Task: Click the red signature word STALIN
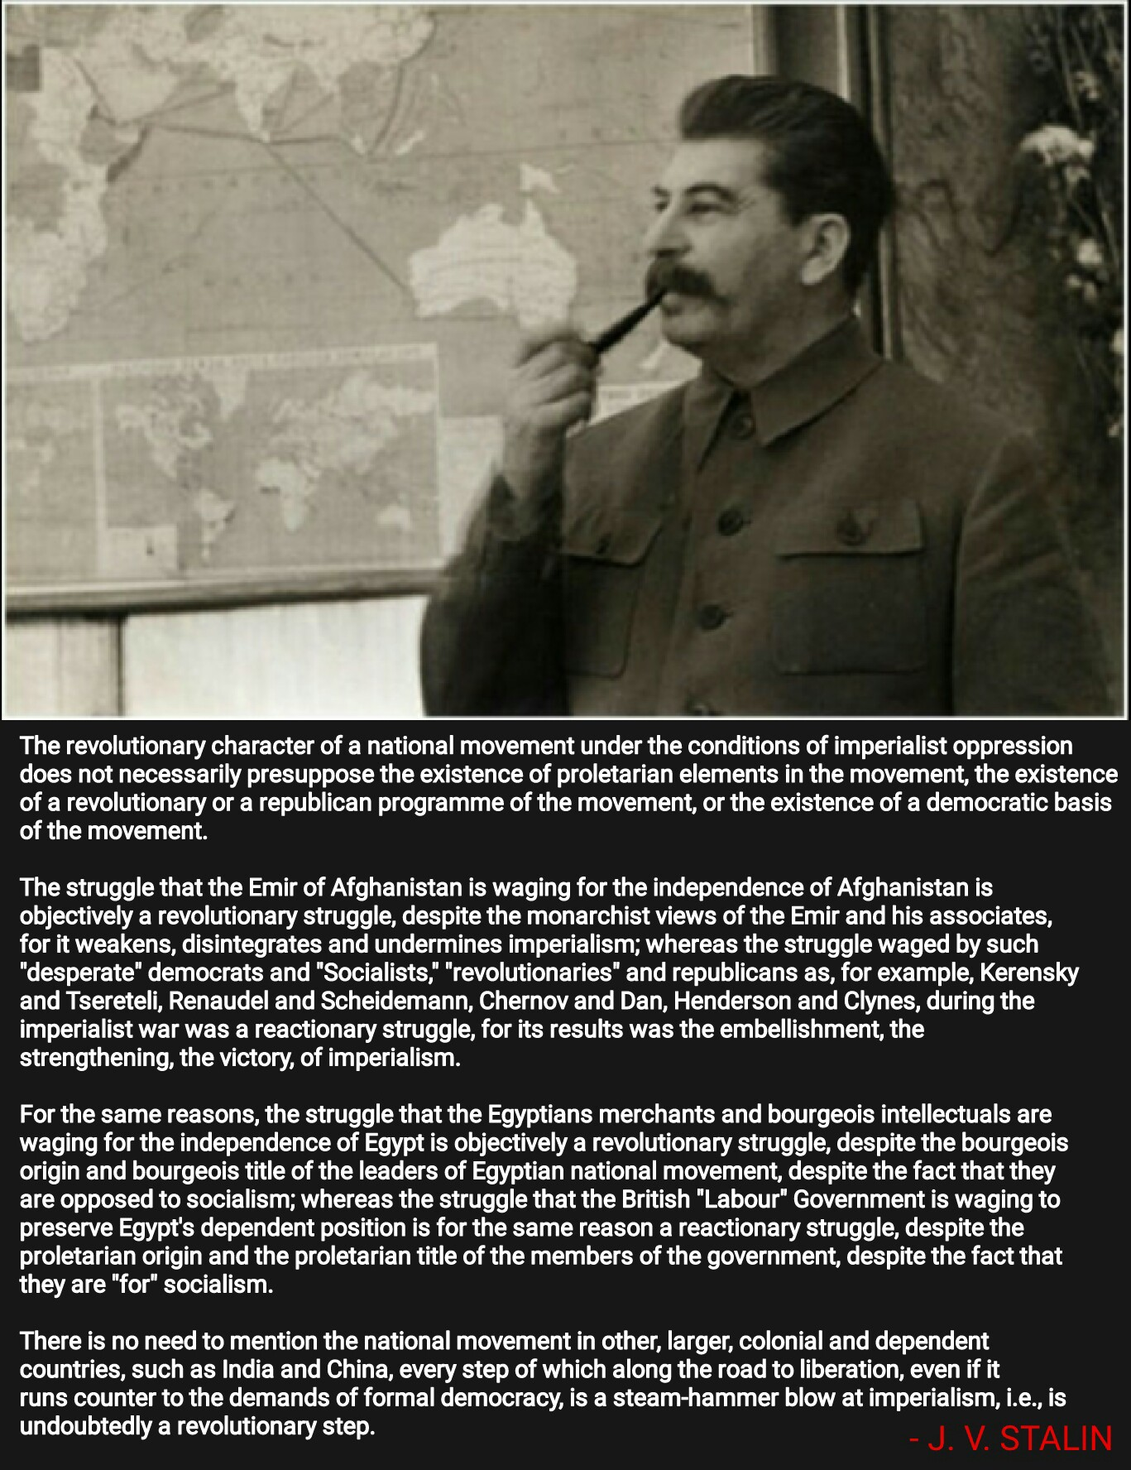[1056, 1439]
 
